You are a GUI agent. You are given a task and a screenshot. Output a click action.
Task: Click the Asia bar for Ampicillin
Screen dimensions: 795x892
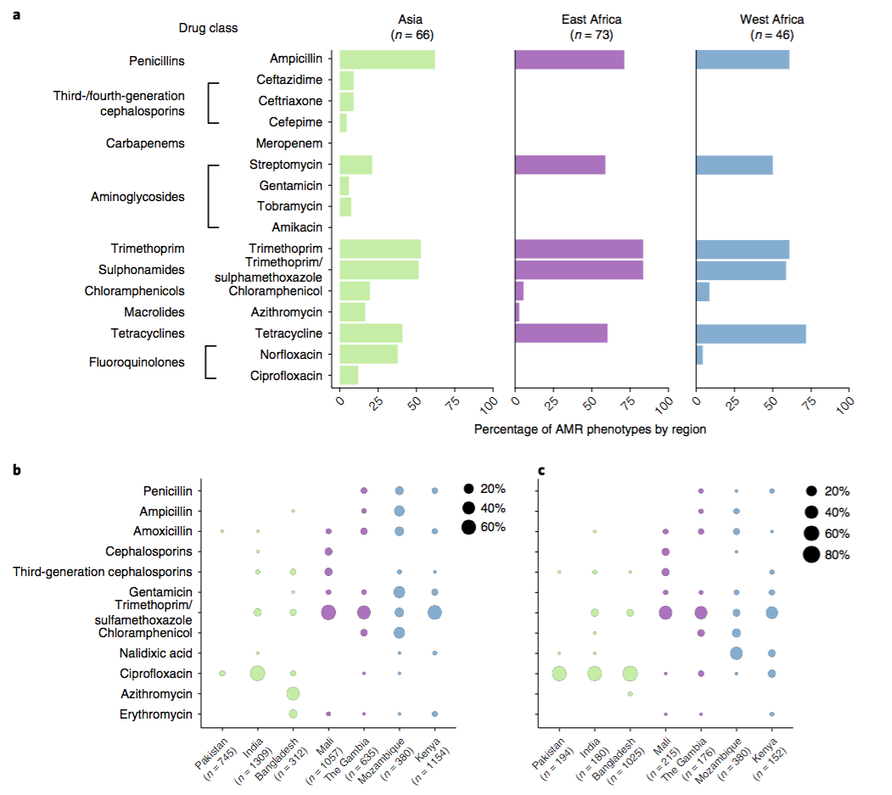[x=387, y=59]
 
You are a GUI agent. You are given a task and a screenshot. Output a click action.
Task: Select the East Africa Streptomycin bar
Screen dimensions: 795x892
[x=560, y=165]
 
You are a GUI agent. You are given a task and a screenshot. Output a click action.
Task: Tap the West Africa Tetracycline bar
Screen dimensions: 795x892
[x=750, y=333]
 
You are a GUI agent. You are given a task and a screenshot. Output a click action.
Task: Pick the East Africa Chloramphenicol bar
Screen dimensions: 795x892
[x=519, y=291]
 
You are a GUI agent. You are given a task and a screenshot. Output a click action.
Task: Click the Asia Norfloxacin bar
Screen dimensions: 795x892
[x=368, y=354]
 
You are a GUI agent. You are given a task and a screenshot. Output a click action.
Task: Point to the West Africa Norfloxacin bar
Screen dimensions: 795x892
[x=699, y=354]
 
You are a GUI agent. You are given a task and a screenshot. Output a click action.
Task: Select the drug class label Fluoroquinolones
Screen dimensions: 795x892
[x=137, y=362]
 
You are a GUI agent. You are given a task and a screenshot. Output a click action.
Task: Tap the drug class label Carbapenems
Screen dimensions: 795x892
[x=145, y=143]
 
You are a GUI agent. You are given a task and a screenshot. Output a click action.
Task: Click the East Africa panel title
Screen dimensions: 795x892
[x=591, y=26]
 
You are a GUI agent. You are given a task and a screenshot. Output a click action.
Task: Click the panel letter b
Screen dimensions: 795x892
[x=18, y=469]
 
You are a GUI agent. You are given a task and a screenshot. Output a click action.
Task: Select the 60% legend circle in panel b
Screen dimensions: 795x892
[x=468, y=528]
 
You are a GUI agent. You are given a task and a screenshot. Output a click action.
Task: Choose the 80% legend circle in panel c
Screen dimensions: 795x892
[x=812, y=555]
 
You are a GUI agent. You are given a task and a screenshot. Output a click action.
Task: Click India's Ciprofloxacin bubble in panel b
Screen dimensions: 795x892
[x=257, y=674]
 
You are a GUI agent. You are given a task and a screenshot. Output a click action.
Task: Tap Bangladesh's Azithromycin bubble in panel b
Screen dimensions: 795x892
[x=293, y=694]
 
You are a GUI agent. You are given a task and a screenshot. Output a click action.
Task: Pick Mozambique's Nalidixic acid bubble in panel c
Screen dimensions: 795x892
[x=736, y=653]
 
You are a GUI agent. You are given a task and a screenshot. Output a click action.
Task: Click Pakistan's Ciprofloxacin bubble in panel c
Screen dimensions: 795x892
[x=559, y=674]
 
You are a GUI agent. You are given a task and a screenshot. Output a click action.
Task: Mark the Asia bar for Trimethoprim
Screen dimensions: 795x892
[x=380, y=249]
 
